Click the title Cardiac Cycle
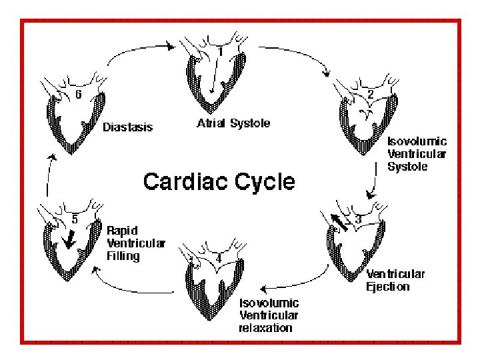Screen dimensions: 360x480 tap(219, 181)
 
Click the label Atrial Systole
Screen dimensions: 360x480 tap(233, 124)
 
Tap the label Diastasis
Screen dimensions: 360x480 tap(127, 127)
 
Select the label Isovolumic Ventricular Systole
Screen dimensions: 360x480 tap(417, 154)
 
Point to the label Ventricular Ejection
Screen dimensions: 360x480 tap(396, 280)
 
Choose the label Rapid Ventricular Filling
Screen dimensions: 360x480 tap(137, 242)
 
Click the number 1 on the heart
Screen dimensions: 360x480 tap(221, 51)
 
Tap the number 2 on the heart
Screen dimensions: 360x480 tap(370, 95)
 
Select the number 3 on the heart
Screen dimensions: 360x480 tap(357, 219)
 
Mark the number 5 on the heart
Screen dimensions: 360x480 tap(76, 218)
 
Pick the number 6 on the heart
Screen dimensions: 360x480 tap(79, 95)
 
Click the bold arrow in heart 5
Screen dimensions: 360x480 tap(68, 238)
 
